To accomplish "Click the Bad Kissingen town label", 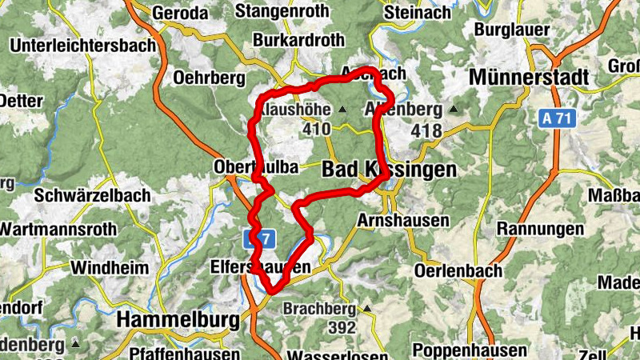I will (x=389, y=170).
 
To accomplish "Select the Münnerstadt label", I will (x=529, y=78).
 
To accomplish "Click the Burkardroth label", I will (x=298, y=39).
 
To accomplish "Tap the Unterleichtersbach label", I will (x=82, y=46).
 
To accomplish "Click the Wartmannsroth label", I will (x=57, y=230).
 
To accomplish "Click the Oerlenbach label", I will (x=458, y=270).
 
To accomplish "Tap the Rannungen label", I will (x=540, y=230).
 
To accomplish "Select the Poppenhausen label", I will (x=470, y=350).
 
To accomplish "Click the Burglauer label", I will (x=511, y=30).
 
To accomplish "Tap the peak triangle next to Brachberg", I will (x=366, y=309).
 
